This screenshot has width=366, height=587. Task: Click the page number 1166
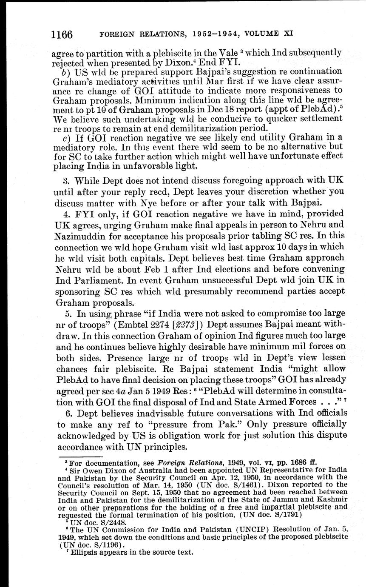(x=62, y=34)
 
